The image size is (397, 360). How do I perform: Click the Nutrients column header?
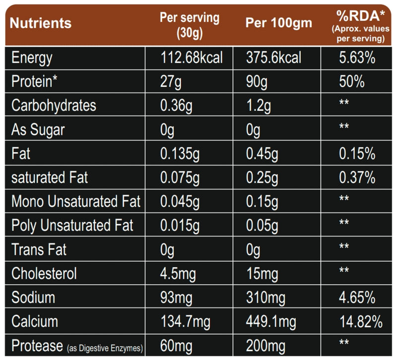(41, 23)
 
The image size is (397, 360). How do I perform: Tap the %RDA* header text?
(358, 17)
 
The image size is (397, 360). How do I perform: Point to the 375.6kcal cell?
(273, 58)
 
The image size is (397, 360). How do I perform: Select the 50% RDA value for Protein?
(352, 82)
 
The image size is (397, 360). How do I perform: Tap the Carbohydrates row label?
(54, 106)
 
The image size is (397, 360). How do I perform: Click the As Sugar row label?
(38, 130)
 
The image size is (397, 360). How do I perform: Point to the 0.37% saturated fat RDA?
(356, 178)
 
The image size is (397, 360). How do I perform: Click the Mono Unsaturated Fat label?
(76, 202)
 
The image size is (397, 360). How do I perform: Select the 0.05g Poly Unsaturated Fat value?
(264, 226)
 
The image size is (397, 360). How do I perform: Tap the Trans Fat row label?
(39, 249)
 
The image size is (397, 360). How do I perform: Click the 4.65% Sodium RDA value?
(356, 298)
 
